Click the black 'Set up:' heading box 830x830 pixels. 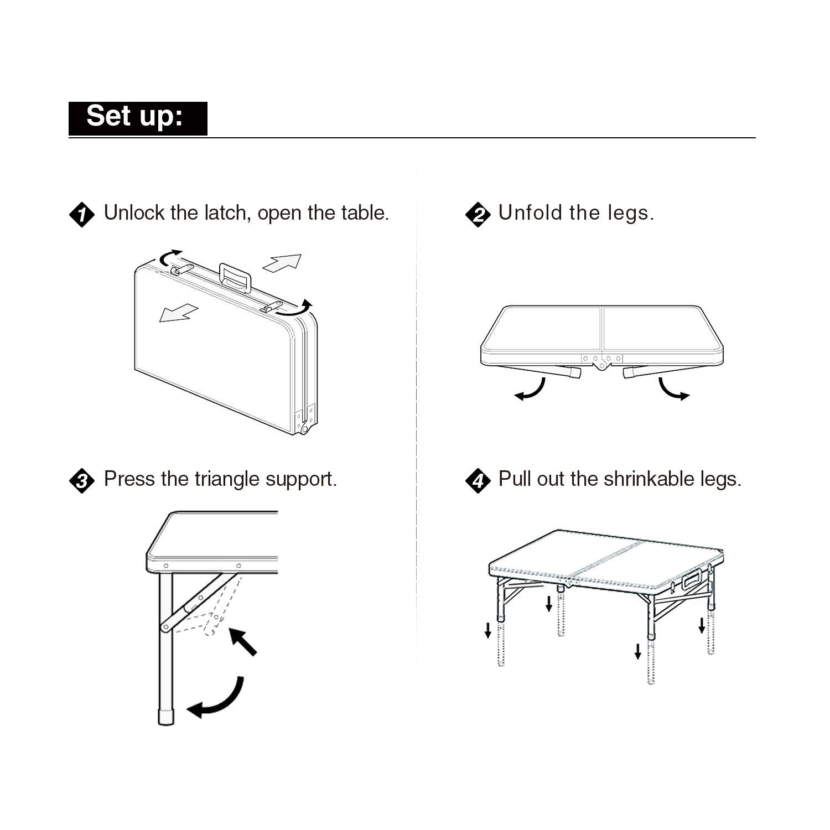point(138,118)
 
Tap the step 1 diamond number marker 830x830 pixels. point(81,215)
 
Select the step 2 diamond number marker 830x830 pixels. point(478,215)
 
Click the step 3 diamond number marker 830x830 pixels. point(81,480)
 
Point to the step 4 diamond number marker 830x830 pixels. point(478,480)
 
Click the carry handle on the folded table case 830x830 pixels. point(235,276)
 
